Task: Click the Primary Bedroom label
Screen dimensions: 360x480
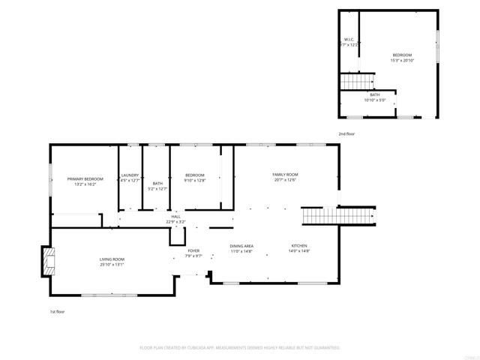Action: click(x=85, y=178)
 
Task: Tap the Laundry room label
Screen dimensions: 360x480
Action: click(x=130, y=175)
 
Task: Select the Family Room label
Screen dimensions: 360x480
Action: click(x=285, y=174)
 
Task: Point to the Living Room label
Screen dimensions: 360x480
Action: click(x=112, y=259)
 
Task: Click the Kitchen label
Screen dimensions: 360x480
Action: click(x=299, y=246)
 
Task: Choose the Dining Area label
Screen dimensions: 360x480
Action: click(x=241, y=246)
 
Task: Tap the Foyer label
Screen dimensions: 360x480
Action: click(x=193, y=250)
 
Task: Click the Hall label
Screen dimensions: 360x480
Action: click(x=175, y=217)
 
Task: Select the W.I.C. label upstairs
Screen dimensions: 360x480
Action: click(x=349, y=39)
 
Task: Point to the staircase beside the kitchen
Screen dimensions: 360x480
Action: click(x=337, y=216)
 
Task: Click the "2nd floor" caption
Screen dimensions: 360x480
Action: click(x=346, y=133)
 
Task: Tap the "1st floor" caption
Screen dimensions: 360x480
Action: click(x=58, y=310)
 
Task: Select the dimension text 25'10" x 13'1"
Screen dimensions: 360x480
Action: click(x=112, y=264)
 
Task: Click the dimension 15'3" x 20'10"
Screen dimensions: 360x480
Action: click(x=402, y=60)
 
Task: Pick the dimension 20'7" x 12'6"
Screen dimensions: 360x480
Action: click(x=285, y=179)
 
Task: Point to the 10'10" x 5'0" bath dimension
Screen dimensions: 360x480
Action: click(x=375, y=100)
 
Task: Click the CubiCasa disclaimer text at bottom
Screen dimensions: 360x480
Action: click(x=240, y=348)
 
